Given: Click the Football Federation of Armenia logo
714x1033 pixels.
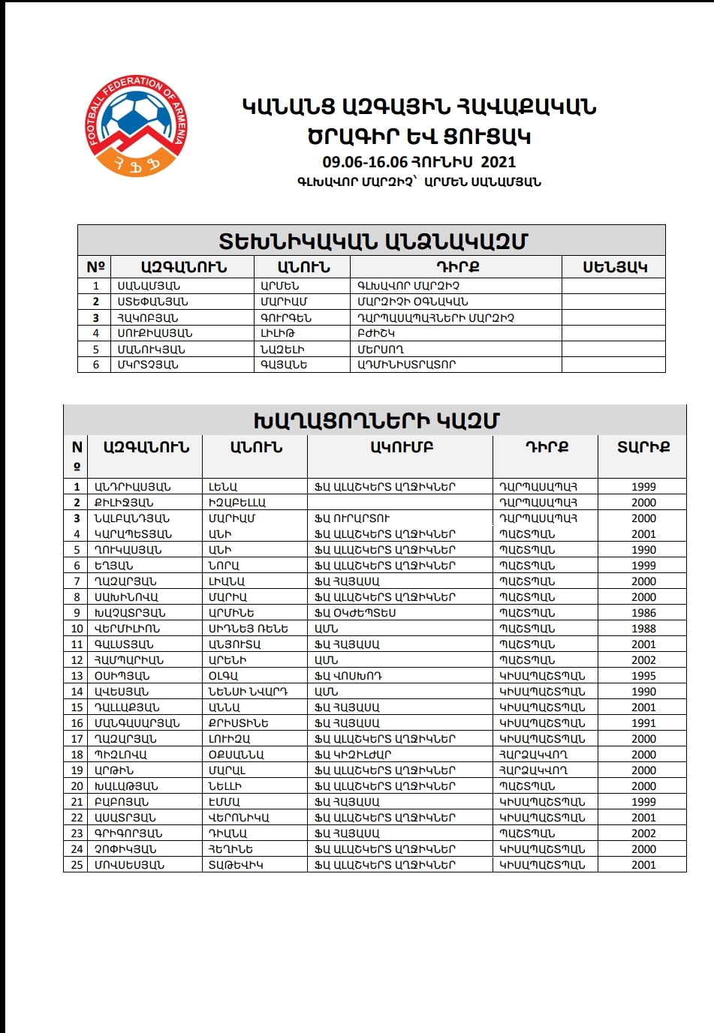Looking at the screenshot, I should pos(136,125).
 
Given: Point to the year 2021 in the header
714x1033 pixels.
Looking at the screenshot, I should pos(498,162).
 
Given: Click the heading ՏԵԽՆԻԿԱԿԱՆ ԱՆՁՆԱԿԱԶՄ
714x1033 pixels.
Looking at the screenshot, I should pos(372,242).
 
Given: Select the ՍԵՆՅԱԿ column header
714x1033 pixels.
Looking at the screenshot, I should pos(614,267).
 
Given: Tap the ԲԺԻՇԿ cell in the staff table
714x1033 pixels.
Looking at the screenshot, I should pos(376,333).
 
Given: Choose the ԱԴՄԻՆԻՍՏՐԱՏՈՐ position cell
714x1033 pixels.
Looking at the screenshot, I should pos(406,365).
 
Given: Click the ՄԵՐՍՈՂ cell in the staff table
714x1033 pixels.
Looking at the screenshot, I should pos(381,349).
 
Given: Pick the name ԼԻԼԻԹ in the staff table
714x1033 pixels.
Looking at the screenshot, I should pos(278,333).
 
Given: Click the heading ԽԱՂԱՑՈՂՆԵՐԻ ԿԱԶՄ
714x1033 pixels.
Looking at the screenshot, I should pos(376,421).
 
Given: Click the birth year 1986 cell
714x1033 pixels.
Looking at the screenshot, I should pos(643,613).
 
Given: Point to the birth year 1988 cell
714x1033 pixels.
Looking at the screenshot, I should pos(643,629).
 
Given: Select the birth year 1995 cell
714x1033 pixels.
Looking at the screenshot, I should pos(643,676).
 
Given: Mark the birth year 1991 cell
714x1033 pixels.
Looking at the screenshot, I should pos(643,723).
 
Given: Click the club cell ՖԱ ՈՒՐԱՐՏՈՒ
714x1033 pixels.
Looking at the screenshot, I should pos(352,518).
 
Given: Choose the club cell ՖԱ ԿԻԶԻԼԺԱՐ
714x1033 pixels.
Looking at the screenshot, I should pos(353,755).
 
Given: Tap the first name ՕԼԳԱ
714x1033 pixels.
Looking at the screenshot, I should pos(223,676).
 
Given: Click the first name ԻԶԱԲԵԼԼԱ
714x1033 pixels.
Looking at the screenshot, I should pos(236,503).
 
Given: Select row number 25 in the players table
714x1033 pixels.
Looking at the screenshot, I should pos(77,865).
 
